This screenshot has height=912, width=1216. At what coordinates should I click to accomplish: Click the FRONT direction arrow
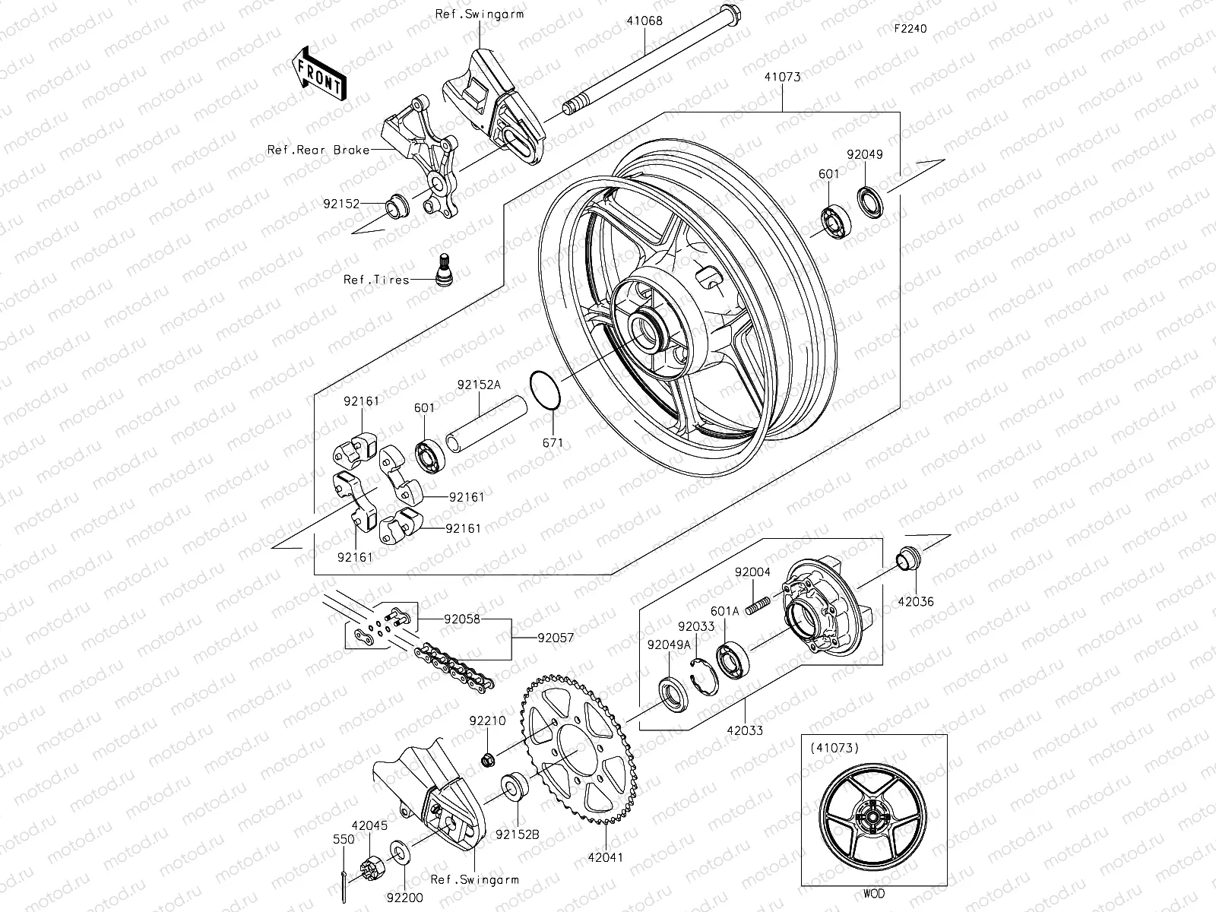click(319, 74)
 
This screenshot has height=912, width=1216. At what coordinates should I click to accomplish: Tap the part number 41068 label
click(644, 21)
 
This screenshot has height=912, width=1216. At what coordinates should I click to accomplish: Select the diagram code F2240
click(910, 29)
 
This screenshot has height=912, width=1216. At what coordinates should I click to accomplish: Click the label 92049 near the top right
click(865, 154)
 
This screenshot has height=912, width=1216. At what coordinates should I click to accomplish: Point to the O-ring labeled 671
click(545, 391)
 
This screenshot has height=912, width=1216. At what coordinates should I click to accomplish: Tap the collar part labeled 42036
click(907, 559)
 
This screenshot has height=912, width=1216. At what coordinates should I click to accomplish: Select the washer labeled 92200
click(398, 848)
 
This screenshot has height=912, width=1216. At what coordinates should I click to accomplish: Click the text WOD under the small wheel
click(873, 894)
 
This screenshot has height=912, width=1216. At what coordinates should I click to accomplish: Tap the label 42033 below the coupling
click(746, 730)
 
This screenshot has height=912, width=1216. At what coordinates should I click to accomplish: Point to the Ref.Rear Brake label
click(318, 150)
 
